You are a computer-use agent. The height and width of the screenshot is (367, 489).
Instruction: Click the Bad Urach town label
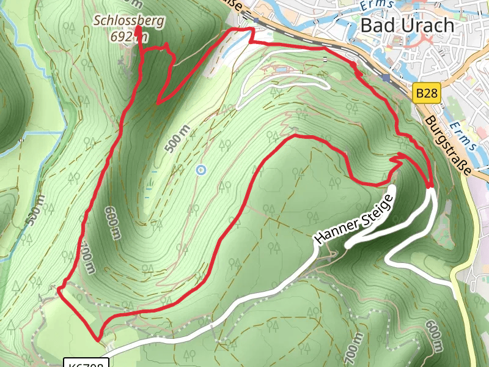coord(408,25)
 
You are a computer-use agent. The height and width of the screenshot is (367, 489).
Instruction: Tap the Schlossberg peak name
coord(129,21)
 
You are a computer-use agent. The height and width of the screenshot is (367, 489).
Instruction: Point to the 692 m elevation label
coord(130,37)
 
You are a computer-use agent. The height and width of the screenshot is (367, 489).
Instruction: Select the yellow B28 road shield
coord(425,94)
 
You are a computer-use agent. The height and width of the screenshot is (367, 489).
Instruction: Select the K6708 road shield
coord(86,363)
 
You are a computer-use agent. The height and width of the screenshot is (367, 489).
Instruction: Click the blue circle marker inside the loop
coord(200,170)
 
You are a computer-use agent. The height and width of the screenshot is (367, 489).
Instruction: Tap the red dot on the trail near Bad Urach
coord(353,65)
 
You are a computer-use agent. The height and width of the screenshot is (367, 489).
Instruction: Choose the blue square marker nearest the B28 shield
coord(385,78)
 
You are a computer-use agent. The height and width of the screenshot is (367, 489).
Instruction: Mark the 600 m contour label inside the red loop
coord(112,222)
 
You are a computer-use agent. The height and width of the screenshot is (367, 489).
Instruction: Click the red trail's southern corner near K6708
coord(98,338)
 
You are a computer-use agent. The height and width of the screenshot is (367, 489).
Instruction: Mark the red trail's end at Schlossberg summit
coord(138,28)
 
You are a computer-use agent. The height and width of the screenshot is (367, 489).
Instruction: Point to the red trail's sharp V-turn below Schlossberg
coord(158,103)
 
